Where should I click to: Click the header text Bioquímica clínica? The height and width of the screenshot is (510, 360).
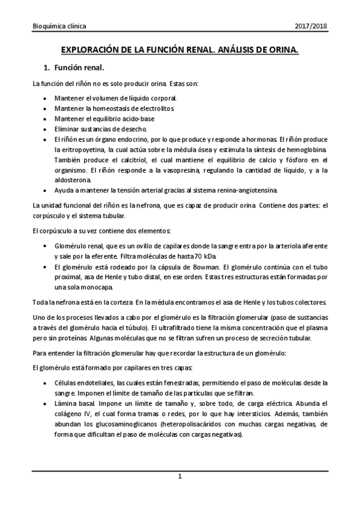coord(59,26)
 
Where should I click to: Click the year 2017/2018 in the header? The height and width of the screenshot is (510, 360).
coord(311,26)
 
